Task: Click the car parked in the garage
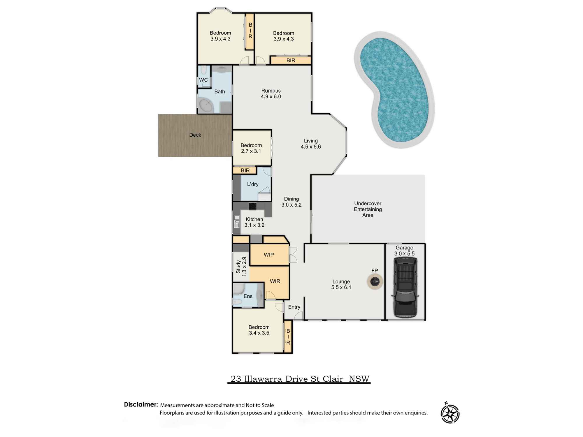pos(405,287)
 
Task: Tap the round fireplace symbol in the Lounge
pos(375,281)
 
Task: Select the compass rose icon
pos(450,413)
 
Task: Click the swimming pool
pos(394,90)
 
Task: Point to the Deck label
pos(195,135)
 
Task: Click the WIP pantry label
pos(269,255)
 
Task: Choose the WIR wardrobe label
pos(275,281)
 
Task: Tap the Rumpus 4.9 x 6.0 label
pos(271,94)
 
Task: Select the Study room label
pos(241,267)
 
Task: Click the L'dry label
pos(253,184)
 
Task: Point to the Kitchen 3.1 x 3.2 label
pos(254,222)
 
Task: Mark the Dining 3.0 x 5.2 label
pos(291,202)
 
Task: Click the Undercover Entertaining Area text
pos(368,209)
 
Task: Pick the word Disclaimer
pos(141,404)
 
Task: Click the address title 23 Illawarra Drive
pos(299,379)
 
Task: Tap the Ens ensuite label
pos(248,296)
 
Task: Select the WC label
pos(203,80)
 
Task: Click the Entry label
pos(294,307)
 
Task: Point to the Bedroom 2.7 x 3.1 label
pos(251,148)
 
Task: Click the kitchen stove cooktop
pos(252,206)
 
